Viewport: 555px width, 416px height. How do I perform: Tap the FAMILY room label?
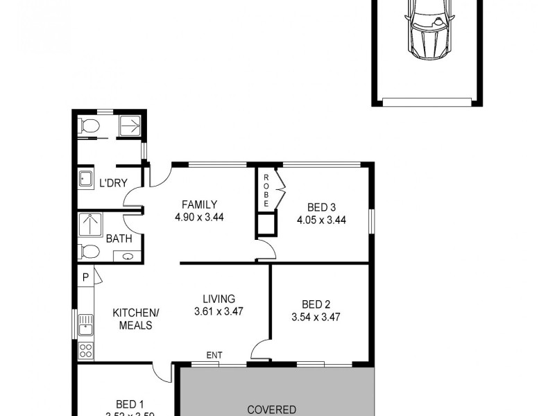coord(199,205)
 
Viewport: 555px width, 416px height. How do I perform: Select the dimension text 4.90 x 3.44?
coord(199,216)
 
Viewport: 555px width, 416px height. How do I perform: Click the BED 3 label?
coord(321,207)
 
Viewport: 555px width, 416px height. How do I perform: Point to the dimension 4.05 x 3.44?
coord(321,220)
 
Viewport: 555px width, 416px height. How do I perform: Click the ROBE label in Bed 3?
coord(266,189)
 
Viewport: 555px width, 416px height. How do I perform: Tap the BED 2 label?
coord(316,304)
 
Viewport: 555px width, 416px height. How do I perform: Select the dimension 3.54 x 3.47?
coord(316,317)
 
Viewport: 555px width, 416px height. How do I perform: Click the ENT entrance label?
coord(214,356)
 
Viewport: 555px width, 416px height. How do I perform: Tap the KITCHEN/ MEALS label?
coord(136,319)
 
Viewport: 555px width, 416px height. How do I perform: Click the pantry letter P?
coord(85,277)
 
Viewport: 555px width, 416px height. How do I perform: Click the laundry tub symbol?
coord(85,180)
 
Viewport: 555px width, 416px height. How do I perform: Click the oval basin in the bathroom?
coord(127,257)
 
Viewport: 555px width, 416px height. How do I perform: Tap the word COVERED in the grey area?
coord(272,409)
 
